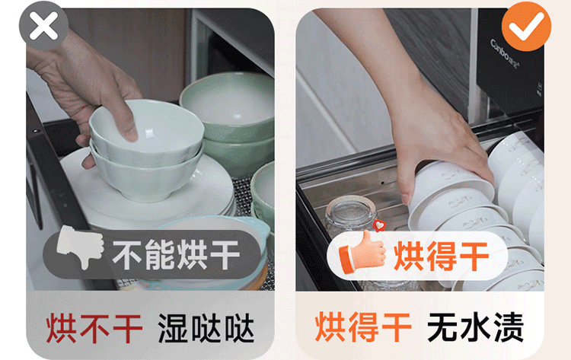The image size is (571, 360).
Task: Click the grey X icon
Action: pyautogui.click(x=43, y=25)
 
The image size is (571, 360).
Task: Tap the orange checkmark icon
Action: pyautogui.click(x=526, y=26)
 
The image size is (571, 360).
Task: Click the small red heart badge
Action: pyautogui.click(x=379, y=226)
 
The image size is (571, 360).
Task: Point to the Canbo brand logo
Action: pyautogui.click(x=506, y=55)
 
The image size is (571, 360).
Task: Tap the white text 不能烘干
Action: pyautogui.click(x=176, y=255)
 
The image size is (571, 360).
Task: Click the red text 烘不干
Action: pyautogui.click(x=94, y=329)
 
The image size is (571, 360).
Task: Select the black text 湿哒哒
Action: pyautogui.click(x=206, y=328)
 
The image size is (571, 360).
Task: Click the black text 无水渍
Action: pyautogui.click(x=475, y=327)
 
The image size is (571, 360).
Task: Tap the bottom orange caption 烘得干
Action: pyautogui.click(x=363, y=327)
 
